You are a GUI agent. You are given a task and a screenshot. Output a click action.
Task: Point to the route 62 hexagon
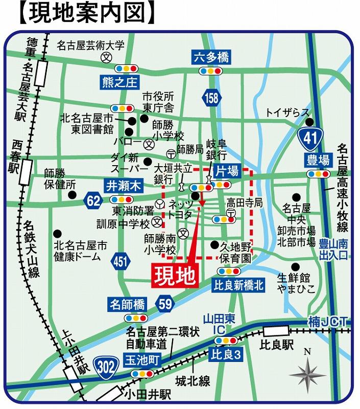[93, 201]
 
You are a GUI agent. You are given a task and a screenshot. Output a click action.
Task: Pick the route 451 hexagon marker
[121, 262]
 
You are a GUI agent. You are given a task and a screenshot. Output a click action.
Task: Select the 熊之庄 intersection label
[118, 82]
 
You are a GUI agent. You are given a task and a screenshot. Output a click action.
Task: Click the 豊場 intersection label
[318, 160]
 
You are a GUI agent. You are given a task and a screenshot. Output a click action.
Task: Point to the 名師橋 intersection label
[127, 305]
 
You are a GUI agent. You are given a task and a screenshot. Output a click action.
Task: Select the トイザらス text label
[287, 112]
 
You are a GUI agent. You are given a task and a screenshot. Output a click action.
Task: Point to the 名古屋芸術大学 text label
[91, 46]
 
